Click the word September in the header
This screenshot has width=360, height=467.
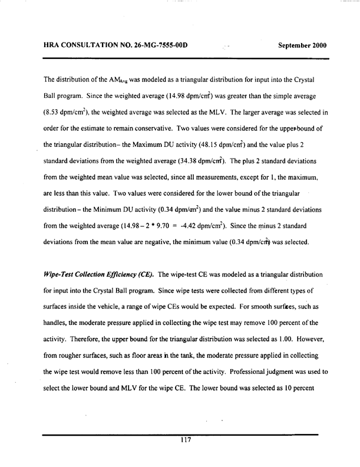click(x=295, y=45)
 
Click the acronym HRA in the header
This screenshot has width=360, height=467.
click(x=54, y=45)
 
